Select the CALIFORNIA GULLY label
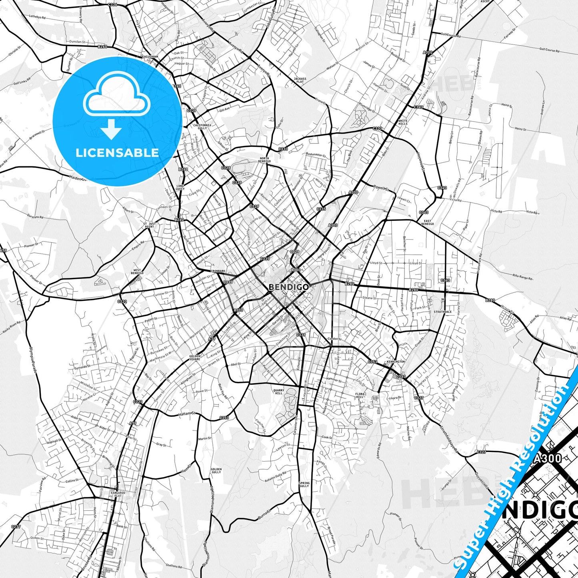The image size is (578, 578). pos(202,126)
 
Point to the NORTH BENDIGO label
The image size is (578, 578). pos(265,160)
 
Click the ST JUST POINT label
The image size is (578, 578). pos(149,225)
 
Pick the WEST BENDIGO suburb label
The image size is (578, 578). pos(137,272)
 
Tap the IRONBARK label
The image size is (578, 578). pos(218,271)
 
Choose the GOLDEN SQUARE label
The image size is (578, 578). pos(195,357)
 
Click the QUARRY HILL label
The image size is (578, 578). pos(278,392)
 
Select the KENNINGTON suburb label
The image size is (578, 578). pos(396,362)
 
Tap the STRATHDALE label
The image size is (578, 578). pos(442,312)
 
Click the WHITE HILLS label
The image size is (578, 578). pos(403,122)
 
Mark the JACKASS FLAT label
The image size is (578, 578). pos(300,80)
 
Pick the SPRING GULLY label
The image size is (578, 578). pos(304,484)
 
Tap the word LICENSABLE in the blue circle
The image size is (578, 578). pos(117,152)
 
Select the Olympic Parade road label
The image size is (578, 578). pos(33,360)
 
